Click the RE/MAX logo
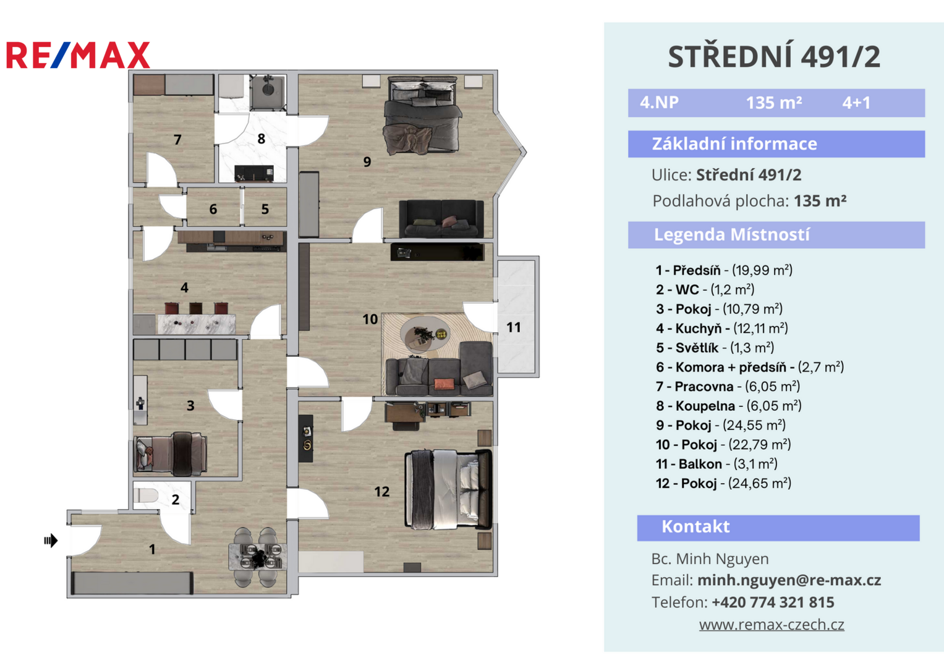[x=78, y=55]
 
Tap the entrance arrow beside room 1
[x=51, y=540]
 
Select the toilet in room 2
[x=145, y=496]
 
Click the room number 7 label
[x=177, y=140]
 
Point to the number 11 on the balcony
[x=513, y=327]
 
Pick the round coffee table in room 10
[x=425, y=333]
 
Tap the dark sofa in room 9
[x=441, y=219]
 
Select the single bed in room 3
[x=170, y=453]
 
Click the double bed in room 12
[x=448, y=489]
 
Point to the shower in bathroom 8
[x=268, y=92]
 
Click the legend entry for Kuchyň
[x=721, y=328]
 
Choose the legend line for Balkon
[x=717, y=464]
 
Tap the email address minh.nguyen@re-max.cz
[x=789, y=580]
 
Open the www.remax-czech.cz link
[x=772, y=625]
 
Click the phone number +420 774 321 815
[x=773, y=602]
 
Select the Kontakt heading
[x=695, y=527]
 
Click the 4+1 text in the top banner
[x=856, y=103]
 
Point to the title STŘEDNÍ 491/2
[x=774, y=57]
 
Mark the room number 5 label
[x=265, y=209]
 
